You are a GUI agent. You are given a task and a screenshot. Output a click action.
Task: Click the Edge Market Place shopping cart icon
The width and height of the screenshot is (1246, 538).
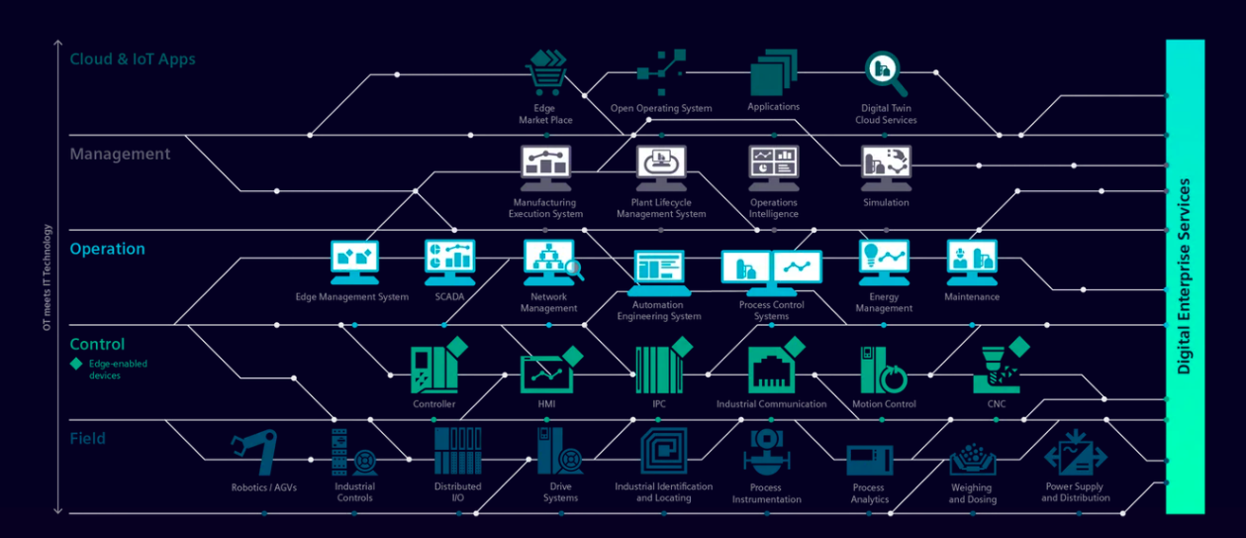[545, 73]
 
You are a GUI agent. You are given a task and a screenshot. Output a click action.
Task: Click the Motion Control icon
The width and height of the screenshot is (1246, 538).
[883, 370]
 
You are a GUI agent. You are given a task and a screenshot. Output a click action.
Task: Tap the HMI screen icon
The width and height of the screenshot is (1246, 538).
[546, 371]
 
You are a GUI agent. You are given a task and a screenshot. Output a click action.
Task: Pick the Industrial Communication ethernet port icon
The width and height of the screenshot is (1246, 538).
[772, 369]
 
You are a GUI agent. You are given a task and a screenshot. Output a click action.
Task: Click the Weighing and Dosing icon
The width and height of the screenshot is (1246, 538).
[972, 457]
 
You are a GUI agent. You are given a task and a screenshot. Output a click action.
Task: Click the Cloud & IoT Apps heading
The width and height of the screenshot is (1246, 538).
[133, 59]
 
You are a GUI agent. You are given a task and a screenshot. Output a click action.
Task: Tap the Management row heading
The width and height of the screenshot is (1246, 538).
[120, 154]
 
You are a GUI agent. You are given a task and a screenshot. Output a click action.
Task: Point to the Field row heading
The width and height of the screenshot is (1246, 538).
[87, 438]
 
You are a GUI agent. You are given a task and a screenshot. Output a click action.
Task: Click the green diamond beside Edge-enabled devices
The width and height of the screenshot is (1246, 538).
[76, 364]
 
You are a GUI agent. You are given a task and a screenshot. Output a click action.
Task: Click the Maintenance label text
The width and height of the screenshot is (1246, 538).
[972, 297]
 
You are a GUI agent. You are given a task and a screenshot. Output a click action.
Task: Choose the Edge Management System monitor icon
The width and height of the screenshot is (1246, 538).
[353, 262]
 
